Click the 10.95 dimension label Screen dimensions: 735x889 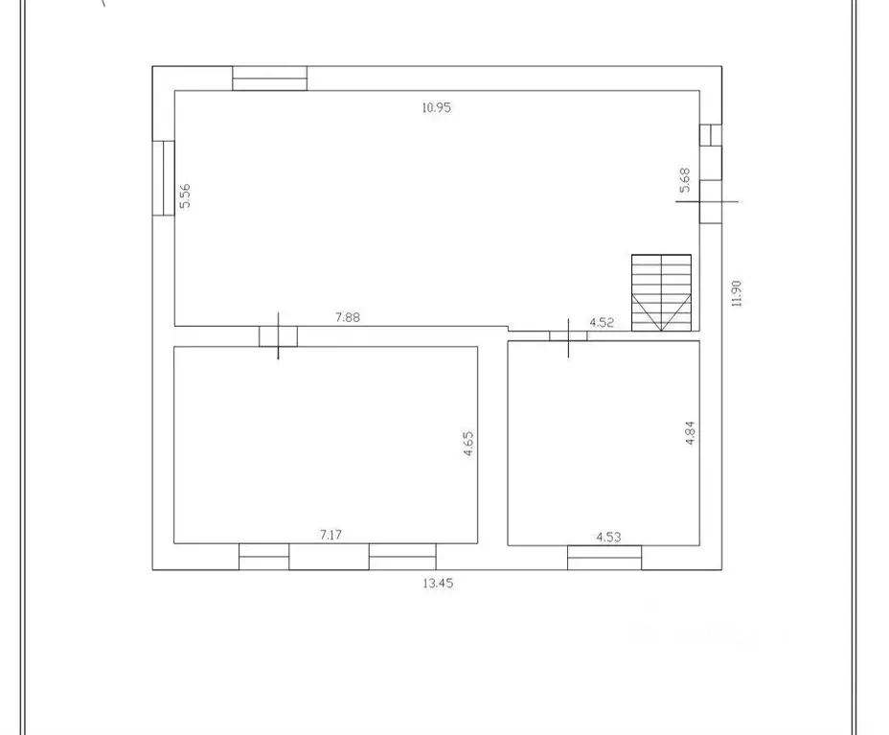pos(436,107)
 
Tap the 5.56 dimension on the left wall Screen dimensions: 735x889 pos(187,195)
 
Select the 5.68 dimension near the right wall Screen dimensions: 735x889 pos(684,180)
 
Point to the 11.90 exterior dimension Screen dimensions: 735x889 pos(736,294)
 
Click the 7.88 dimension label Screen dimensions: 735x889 pos(347,318)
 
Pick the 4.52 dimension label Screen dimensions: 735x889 pos(602,322)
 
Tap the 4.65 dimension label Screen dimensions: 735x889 pos(468,444)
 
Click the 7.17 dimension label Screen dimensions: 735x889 pos(331,535)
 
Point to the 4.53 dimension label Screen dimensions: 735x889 pos(608,537)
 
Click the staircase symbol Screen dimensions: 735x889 pos(661,292)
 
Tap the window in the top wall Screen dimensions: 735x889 pos(269,78)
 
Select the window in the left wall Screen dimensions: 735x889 pos(163,178)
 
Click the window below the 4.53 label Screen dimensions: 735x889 pos(604,557)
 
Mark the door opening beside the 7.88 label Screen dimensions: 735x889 pos(278,336)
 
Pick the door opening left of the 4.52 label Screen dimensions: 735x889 pos(568,335)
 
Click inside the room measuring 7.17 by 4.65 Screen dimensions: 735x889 pos(326,441)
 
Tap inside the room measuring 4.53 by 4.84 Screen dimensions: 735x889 pos(604,441)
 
